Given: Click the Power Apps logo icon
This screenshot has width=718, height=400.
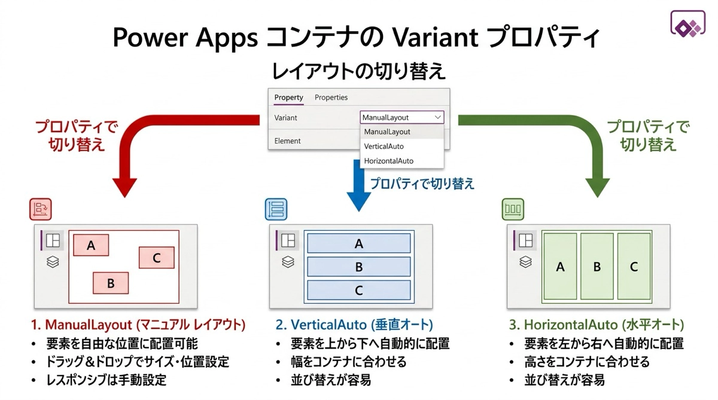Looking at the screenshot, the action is [687, 24].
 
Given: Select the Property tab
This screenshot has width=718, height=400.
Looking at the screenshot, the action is [288, 97].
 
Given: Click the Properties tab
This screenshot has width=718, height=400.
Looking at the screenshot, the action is [331, 97].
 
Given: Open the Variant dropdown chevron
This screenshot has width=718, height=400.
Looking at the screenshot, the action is [437, 117].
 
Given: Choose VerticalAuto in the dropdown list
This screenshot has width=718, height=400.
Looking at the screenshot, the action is [384, 146].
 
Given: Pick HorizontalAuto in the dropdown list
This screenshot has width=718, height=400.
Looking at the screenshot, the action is [388, 161].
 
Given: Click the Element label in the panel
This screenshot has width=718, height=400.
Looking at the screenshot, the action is [287, 141].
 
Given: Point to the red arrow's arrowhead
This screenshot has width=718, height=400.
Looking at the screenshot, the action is [124, 187].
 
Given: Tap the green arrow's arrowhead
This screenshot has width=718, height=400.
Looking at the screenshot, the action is [598, 187].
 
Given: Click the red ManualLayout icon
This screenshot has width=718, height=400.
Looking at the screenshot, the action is [41, 209].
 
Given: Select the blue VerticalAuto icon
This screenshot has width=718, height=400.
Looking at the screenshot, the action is [276, 209].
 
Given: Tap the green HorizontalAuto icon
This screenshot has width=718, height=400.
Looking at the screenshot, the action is [513, 209].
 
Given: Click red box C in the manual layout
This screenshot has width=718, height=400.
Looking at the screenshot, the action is [156, 258].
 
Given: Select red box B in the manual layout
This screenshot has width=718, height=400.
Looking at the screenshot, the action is [111, 283].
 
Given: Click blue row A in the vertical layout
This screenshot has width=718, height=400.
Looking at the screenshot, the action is [358, 243].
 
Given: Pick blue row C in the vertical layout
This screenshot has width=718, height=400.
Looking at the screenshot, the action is [358, 290].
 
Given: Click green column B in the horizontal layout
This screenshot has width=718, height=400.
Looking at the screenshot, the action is [597, 267].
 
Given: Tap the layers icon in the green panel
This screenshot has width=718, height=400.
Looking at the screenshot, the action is [525, 262].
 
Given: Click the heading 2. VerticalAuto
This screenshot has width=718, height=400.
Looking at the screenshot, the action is [321, 325].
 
